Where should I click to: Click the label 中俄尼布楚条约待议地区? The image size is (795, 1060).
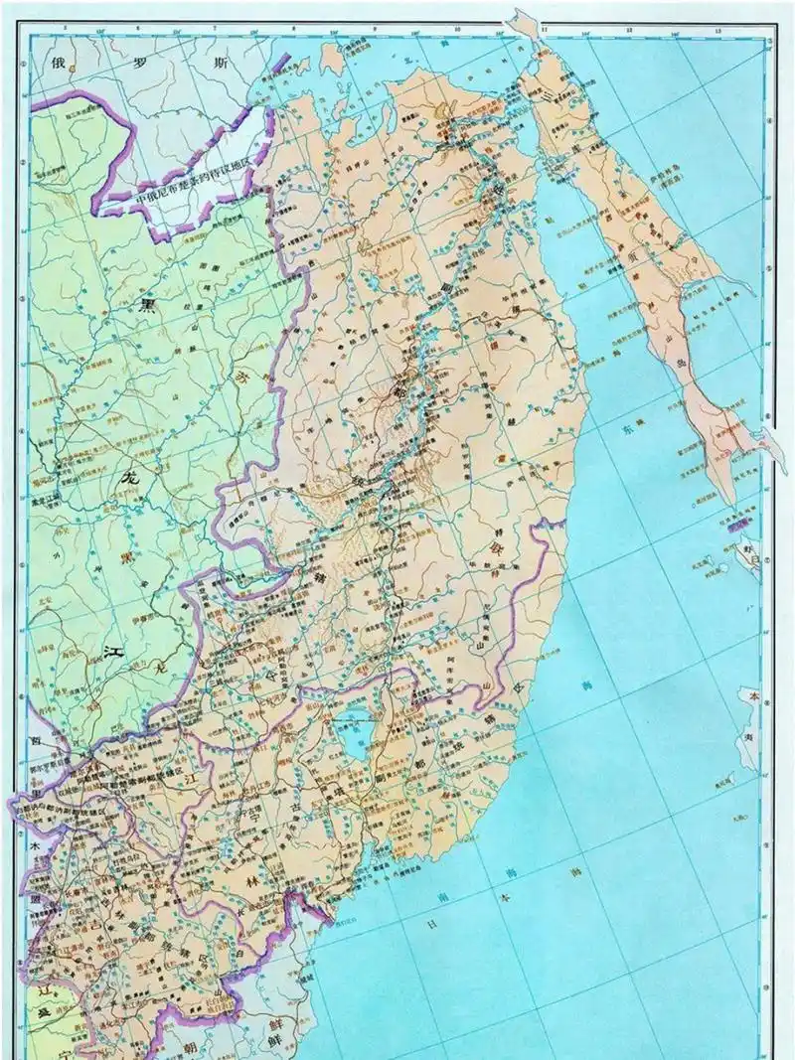[x=199, y=192]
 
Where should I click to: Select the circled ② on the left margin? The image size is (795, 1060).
[x=22, y=162]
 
